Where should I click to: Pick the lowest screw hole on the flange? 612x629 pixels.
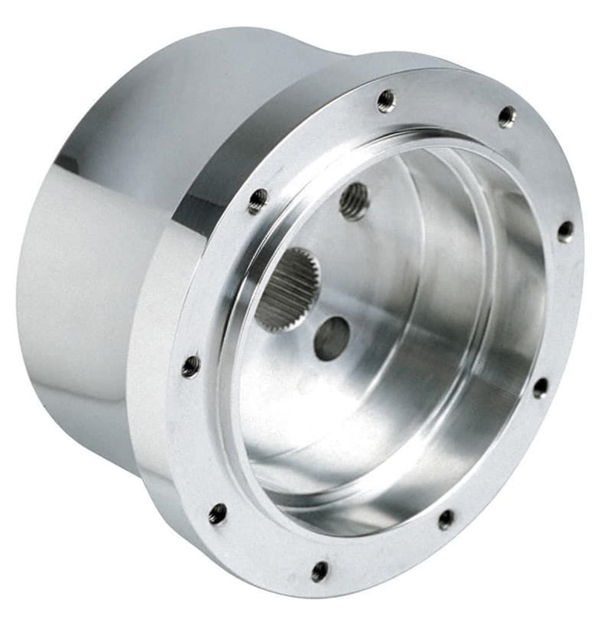pos(319,571)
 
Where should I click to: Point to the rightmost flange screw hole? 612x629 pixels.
pos(565,232)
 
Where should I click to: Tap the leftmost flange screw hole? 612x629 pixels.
pos(191,366)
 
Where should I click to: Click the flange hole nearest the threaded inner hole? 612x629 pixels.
pos(258,201)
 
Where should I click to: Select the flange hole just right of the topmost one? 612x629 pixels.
pos(507,117)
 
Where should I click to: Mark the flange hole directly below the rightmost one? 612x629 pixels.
pos(540,387)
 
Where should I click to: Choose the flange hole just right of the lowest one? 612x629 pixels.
pos(446,519)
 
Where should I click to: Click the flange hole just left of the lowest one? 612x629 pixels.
pos(217,513)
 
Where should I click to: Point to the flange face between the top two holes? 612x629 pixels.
pos(447,101)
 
